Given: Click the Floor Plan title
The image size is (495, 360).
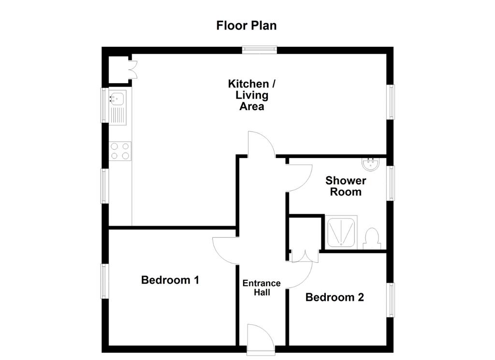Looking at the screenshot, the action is click(x=246, y=26).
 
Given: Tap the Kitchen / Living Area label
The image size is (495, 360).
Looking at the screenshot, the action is click(x=251, y=95).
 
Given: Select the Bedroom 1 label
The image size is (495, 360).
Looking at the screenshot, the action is click(x=170, y=280).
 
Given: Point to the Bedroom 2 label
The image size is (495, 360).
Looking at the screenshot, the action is click(x=335, y=297).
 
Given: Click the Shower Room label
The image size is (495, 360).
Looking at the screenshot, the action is click(x=346, y=186).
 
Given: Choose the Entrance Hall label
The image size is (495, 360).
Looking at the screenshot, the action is click(x=262, y=288).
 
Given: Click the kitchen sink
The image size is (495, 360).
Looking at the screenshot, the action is click(x=118, y=107).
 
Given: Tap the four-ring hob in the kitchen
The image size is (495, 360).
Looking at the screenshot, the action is click(x=120, y=151).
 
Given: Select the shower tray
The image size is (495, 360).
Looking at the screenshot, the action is click(x=341, y=232).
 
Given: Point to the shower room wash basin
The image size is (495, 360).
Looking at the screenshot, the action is click(x=370, y=164).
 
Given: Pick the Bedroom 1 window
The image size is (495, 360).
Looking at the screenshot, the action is click(x=104, y=281).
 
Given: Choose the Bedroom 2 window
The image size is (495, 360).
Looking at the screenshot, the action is click(x=391, y=300).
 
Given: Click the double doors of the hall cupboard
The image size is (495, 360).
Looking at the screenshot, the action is click(x=305, y=256).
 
